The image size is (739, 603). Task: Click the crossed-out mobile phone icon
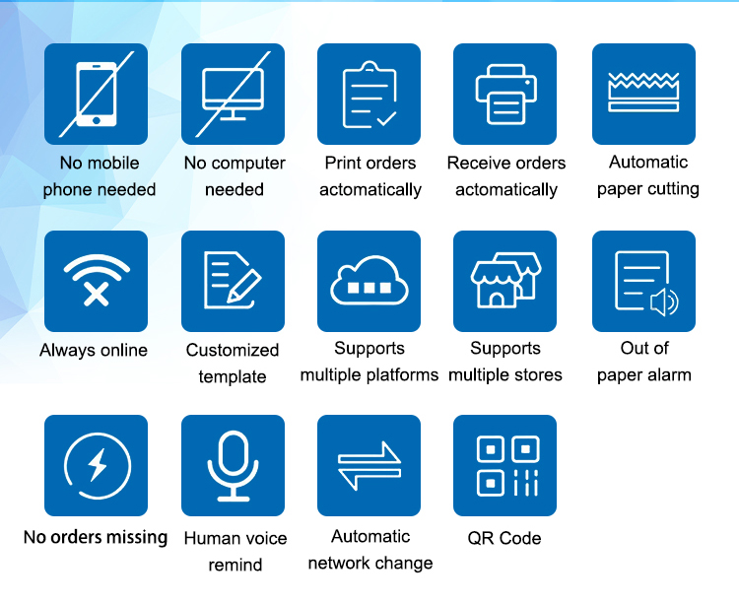97,95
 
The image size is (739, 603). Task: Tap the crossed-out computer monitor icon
233,95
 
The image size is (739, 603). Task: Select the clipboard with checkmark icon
369,95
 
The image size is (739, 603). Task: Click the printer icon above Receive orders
505,95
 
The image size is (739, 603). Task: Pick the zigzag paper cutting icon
643,93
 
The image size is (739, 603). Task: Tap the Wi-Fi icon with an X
97,280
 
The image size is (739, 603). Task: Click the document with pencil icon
233,280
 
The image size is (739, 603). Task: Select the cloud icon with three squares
369,281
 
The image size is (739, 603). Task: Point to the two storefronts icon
505,280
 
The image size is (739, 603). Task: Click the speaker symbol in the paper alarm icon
664,302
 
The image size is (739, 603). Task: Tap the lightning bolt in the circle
98,465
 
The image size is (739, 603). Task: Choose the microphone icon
233,465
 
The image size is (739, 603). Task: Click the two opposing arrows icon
369,465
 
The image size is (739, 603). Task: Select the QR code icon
507,466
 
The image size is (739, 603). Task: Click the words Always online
94,351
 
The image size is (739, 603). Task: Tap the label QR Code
504,538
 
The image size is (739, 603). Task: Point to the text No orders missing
96,537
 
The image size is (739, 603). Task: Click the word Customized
233,350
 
